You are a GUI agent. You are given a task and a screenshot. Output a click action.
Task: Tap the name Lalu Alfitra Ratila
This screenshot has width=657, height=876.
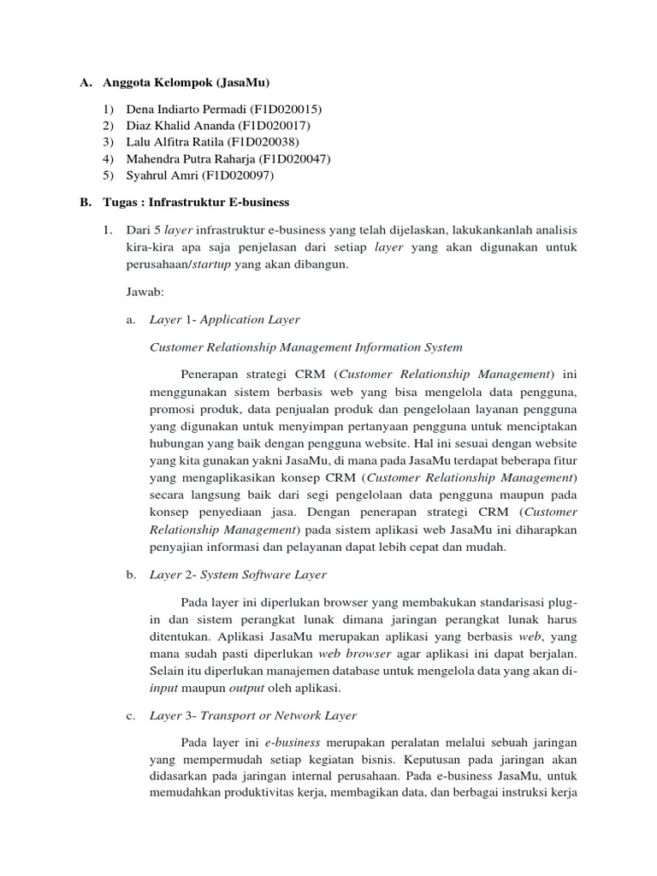(x=174, y=142)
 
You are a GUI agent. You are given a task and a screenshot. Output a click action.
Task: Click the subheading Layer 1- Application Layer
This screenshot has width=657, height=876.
(x=225, y=319)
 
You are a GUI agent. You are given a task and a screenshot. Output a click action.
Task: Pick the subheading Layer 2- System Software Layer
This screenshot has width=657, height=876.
(x=238, y=575)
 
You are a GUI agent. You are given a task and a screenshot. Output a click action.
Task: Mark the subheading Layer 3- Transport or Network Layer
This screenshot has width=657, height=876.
(x=253, y=715)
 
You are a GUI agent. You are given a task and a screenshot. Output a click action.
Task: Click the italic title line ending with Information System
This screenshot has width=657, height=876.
(x=305, y=346)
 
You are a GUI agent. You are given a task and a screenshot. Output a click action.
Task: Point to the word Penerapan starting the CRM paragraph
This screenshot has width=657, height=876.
(x=208, y=374)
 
